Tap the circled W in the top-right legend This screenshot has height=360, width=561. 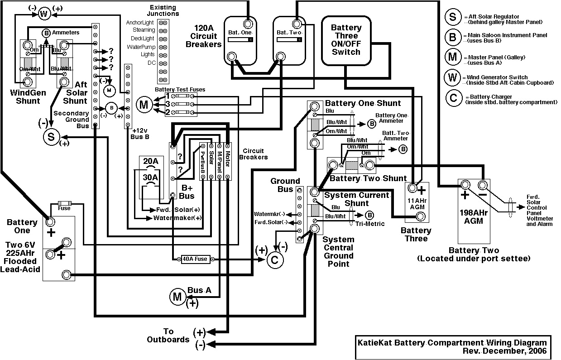[x=453, y=77]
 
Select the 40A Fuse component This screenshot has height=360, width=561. [x=195, y=259]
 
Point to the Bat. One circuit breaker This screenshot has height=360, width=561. [x=240, y=38]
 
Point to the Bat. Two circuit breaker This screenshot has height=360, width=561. [x=289, y=38]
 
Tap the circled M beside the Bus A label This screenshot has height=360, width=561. [x=177, y=297]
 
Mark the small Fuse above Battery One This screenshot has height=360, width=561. [x=64, y=204]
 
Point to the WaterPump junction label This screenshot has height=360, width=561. [x=141, y=47]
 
